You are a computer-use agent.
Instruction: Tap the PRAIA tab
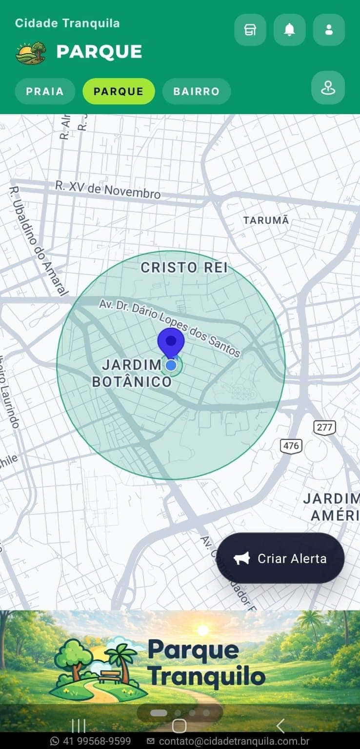coord(45,91)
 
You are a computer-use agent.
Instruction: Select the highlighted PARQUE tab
coord(119,91)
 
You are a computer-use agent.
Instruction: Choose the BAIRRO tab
coord(196,91)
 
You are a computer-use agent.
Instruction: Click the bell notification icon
coord(290,30)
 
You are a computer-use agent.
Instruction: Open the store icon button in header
coord(250,30)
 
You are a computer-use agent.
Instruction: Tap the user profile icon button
coord(329,30)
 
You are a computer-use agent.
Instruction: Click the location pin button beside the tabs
coord(328,88)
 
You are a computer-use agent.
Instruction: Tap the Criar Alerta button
coord(280,558)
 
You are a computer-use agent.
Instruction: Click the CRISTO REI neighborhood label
coord(184,267)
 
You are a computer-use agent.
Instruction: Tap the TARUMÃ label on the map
coord(266,220)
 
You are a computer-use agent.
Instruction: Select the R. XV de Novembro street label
coord(108,189)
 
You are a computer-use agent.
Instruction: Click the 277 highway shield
coord(324,428)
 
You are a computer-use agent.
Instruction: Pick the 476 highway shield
coord(291,445)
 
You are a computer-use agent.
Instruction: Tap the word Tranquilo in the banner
coord(206,677)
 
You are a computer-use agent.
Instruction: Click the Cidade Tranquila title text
coord(67,23)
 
